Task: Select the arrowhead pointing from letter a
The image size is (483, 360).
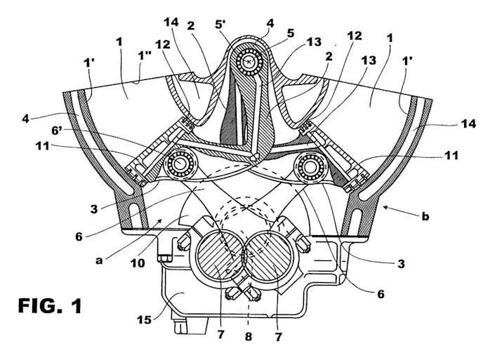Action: coord(162,220)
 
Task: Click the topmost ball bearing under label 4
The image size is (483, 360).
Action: coord(249,62)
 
